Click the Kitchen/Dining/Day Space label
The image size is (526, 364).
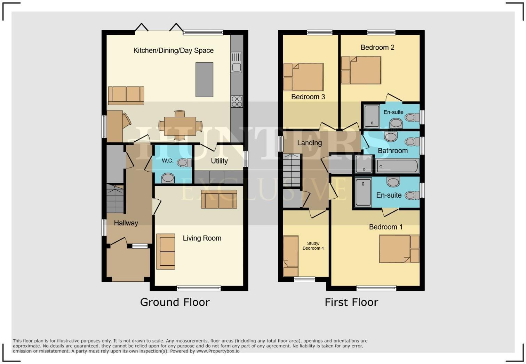point(173,50)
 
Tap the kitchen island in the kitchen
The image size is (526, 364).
point(204,80)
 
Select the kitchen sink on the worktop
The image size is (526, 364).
point(236,62)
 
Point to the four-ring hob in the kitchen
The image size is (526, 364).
point(237,101)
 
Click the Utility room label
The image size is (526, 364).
point(219,161)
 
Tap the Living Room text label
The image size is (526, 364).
point(202,238)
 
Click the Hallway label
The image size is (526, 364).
point(126,223)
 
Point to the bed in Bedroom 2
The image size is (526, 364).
point(365,70)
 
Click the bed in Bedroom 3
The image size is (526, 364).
point(308,77)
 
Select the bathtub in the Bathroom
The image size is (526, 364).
point(397,166)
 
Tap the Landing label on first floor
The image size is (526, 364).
point(309,143)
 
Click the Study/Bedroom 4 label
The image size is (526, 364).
point(313,246)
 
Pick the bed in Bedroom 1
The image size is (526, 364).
point(395,249)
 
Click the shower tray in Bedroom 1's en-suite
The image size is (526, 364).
point(363,192)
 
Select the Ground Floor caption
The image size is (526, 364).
point(175,302)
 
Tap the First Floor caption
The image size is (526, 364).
point(351,302)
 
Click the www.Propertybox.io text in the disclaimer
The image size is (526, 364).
point(217,351)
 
